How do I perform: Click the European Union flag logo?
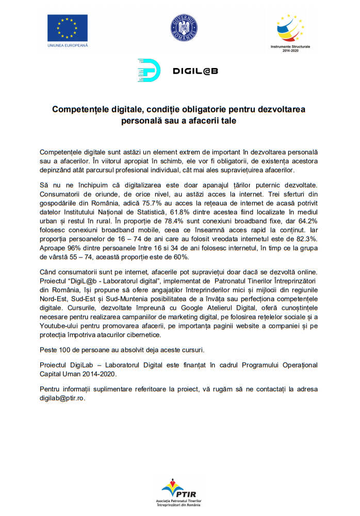click(68, 28)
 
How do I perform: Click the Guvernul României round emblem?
click(184, 28)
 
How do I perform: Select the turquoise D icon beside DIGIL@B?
click(149, 71)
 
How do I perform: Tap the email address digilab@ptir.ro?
click(62, 398)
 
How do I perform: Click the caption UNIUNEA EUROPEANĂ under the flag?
click(68, 45)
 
